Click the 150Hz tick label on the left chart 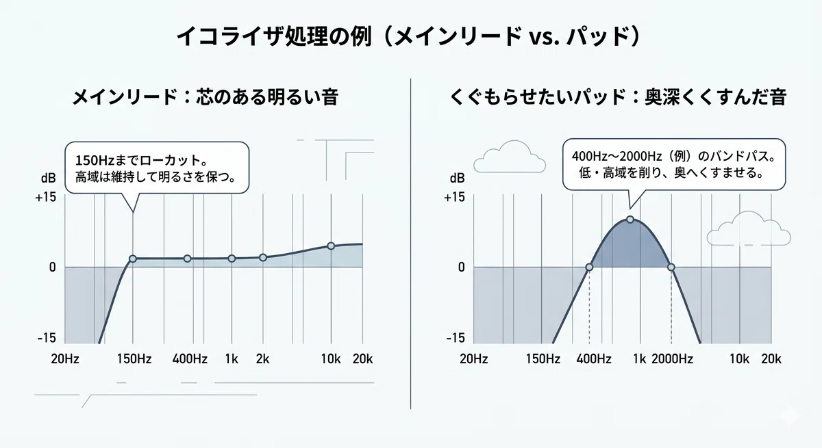click(x=134, y=358)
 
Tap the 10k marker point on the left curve click(x=331, y=246)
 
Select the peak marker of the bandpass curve click(x=630, y=220)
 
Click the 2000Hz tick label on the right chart click(x=672, y=358)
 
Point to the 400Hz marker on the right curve click(x=589, y=267)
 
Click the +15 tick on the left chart click(x=45, y=198)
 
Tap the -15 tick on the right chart click(x=456, y=338)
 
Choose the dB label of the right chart click(x=458, y=178)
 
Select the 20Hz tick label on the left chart click(x=65, y=358)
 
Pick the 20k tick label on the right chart click(x=771, y=358)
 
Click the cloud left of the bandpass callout click(x=510, y=157)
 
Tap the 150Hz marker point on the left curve click(x=132, y=259)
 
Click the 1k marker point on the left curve click(x=232, y=259)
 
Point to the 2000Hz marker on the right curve click(x=671, y=267)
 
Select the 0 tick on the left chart click(x=53, y=267)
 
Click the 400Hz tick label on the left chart click(x=190, y=358)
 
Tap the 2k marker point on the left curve click(x=263, y=258)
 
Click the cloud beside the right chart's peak click(x=749, y=228)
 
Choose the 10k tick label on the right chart click(x=739, y=358)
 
